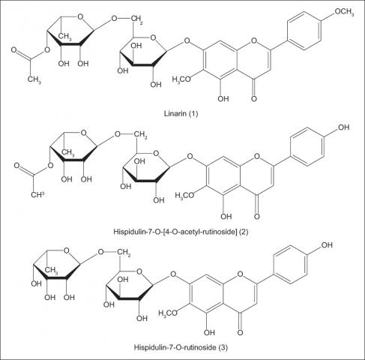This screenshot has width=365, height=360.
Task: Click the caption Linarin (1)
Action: pos(181,114)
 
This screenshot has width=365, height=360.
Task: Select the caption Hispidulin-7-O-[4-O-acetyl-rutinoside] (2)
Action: pos(181,232)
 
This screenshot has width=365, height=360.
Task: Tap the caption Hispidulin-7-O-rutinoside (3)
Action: pos(181,347)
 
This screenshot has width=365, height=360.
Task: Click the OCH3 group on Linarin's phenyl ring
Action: pos(344,12)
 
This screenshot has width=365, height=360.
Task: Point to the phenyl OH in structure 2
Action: pos(343,127)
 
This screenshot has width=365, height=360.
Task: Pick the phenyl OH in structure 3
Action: pos(327,245)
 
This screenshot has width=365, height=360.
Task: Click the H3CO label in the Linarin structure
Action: pos(181,79)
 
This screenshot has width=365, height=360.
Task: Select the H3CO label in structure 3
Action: pos(168,313)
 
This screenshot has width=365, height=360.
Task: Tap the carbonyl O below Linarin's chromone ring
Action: pos(254,98)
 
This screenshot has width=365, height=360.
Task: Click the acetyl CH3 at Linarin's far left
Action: pos(34,79)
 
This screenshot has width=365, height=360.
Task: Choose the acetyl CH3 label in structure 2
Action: pos(37,194)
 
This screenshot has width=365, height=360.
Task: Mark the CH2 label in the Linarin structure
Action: pos(137,19)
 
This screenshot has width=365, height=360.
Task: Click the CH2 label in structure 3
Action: pos(124,252)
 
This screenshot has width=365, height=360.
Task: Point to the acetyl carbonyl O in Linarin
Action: pos(14,50)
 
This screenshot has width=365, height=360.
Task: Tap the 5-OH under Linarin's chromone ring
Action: pos(223,99)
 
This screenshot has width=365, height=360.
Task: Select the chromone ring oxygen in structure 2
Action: pos(257,157)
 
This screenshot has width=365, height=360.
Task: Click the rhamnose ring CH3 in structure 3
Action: pos(52,270)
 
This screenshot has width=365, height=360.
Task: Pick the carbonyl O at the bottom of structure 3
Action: pos(240,332)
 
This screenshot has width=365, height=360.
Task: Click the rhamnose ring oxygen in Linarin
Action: pos(80,17)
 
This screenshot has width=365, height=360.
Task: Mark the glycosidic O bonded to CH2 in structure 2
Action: pos(118,134)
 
